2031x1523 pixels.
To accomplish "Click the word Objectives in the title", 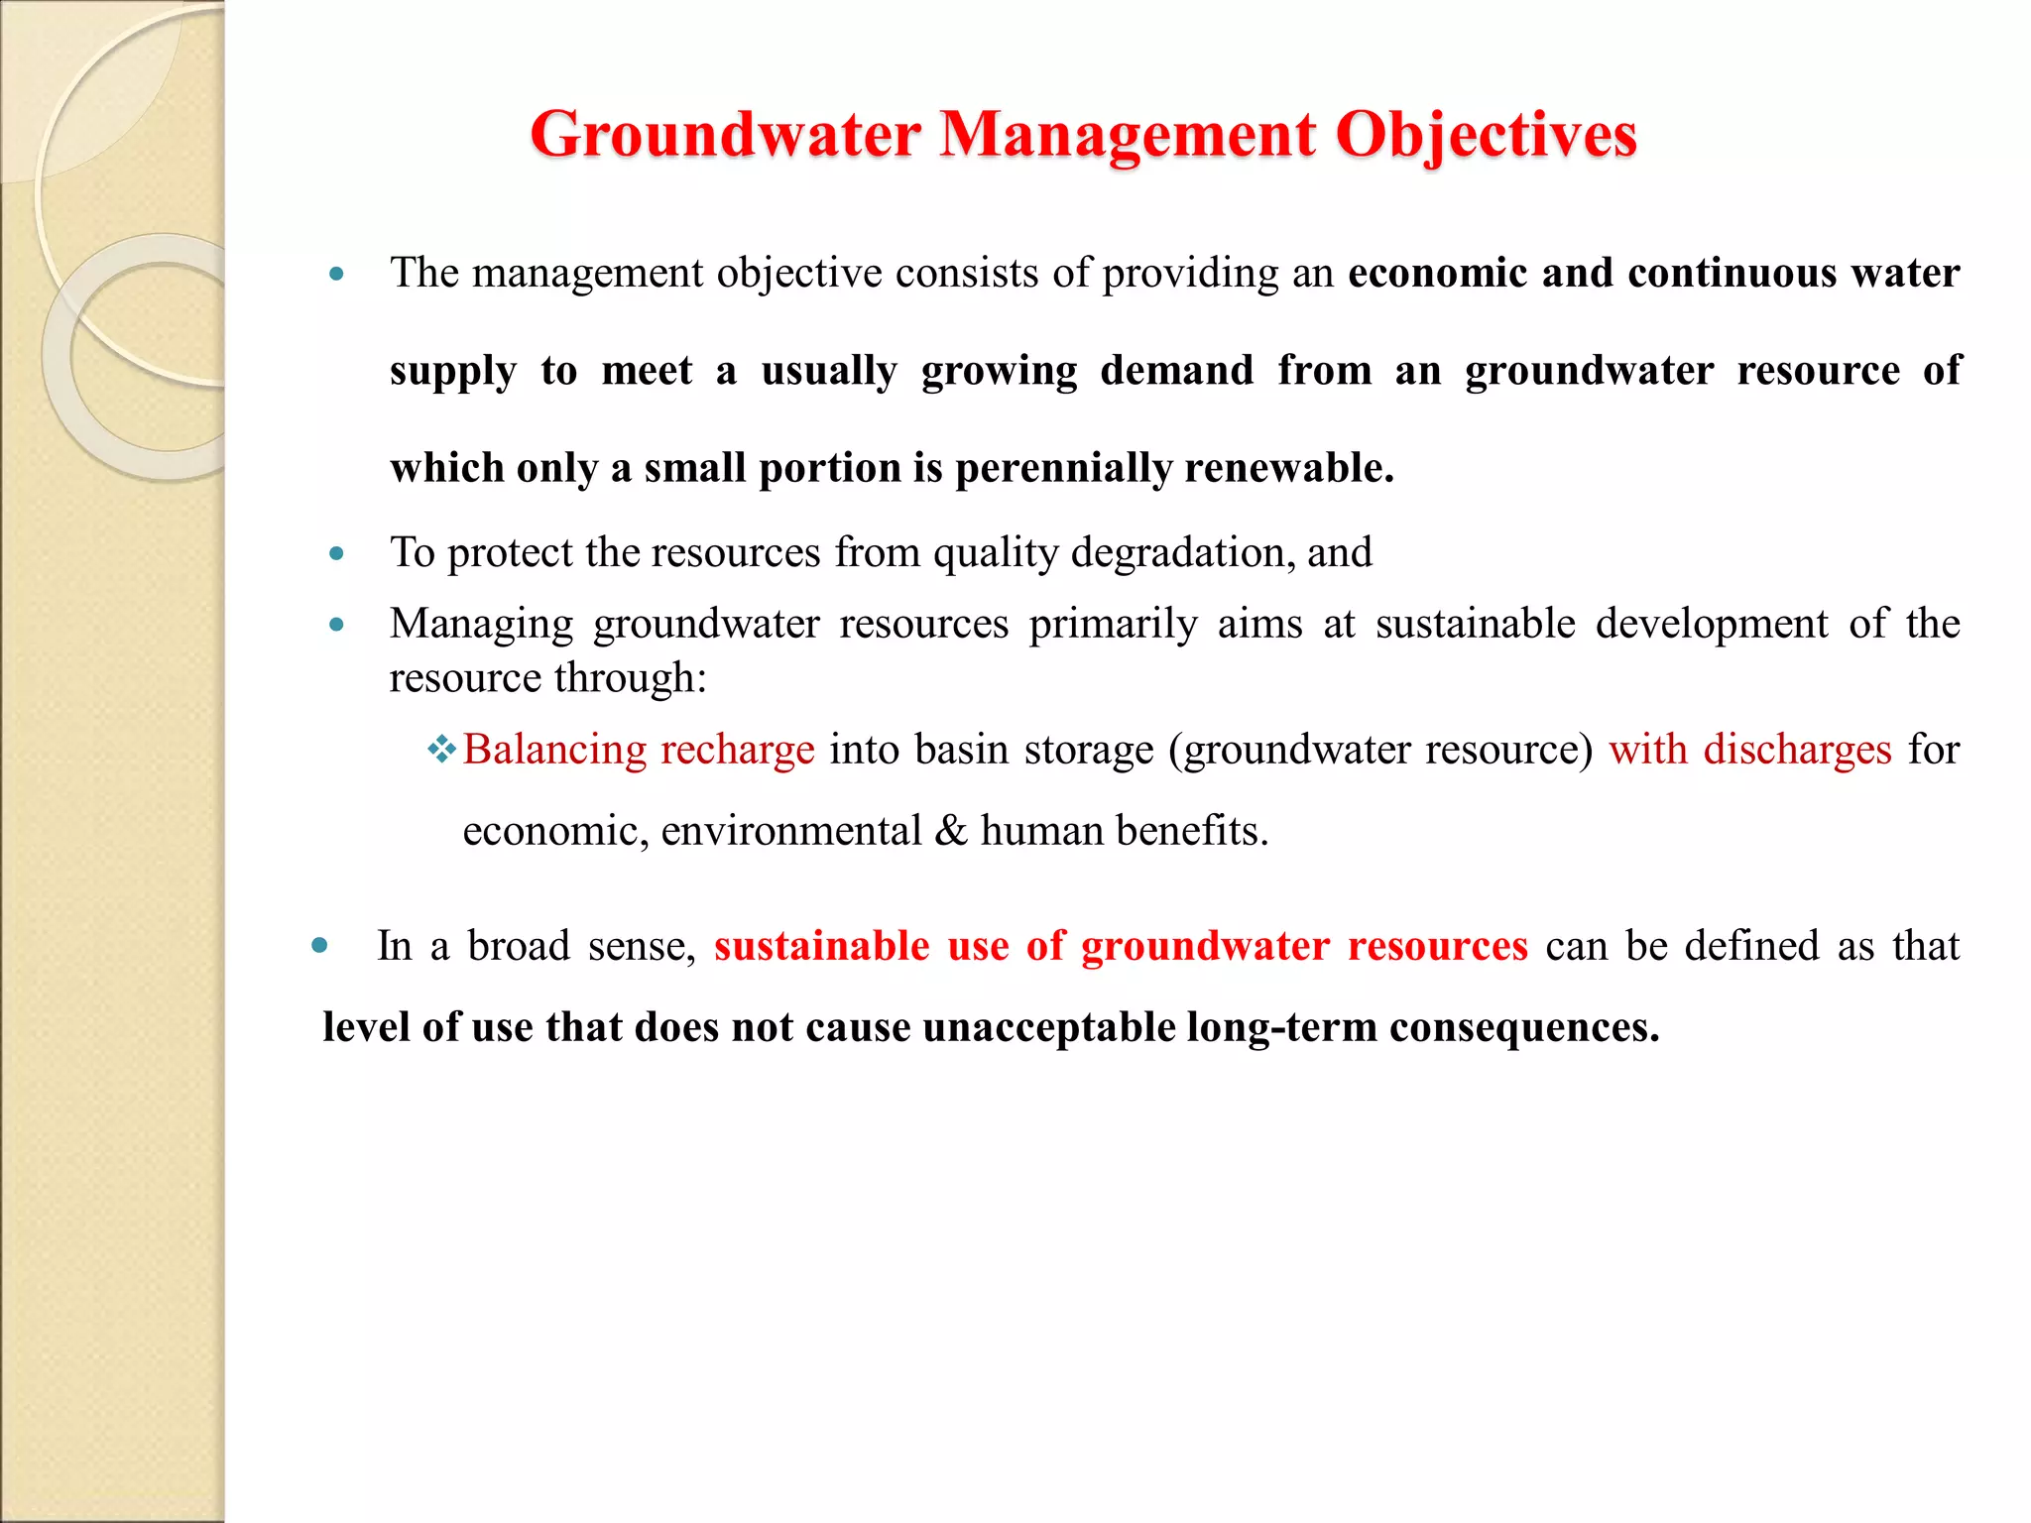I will pos(1486,136).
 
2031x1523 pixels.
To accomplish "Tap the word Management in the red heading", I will pos(1128,136).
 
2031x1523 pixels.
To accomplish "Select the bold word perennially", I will pos(1062,469).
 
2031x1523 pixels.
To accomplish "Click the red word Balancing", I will pos(554,751).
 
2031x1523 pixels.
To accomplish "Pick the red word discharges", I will pos(1797,751).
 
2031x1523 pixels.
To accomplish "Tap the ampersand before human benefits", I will pos(950,831).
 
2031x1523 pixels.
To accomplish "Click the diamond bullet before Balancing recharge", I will pos(441,750).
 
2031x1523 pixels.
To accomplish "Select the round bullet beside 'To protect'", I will pos(337,554).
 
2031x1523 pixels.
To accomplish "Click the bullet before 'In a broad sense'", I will pos(319,946).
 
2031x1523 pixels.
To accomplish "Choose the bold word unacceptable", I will pos(1048,1027).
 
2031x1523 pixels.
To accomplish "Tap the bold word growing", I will pos(999,372).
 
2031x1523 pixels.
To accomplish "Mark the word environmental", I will pos(791,831).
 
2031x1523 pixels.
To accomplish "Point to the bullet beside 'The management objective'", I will pos(337,275).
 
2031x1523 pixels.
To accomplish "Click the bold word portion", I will pos(829,469).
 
